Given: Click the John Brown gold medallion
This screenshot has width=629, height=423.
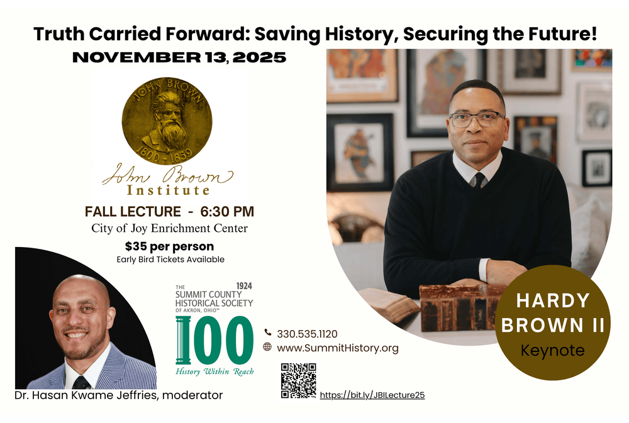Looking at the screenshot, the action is [167, 121].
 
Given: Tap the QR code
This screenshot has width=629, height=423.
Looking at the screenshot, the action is [298, 380].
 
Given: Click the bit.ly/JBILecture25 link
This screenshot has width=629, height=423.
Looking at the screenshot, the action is [372, 395].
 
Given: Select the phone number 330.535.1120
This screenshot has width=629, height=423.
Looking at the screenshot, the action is [308, 334].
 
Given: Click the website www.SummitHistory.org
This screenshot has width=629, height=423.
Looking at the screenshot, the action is [338, 348].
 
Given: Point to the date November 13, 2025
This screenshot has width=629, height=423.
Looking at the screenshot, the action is [179, 57].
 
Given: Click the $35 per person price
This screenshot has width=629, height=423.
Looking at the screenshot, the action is [169, 246].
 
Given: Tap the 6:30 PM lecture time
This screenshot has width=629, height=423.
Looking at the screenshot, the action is [227, 211].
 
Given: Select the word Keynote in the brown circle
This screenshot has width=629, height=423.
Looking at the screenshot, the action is [552, 351].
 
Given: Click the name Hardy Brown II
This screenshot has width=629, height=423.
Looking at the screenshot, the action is [553, 313].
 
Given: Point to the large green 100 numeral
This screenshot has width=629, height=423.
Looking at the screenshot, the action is [214, 340].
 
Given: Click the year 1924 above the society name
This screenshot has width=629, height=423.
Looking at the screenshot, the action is [244, 286].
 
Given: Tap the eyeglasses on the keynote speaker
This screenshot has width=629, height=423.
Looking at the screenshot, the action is [476, 119].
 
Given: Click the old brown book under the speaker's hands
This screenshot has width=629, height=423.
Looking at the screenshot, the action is [461, 307].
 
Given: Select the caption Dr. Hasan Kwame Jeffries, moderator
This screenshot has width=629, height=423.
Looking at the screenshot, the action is [119, 395].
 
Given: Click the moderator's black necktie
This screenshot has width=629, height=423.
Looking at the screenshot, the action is [81, 382].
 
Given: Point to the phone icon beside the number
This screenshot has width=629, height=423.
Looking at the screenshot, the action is [267, 332].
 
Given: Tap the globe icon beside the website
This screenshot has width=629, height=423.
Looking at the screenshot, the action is [267, 346].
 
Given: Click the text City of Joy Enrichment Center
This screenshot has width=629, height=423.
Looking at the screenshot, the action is [169, 228].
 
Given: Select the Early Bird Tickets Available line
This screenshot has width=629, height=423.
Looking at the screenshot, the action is [170, 260].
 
